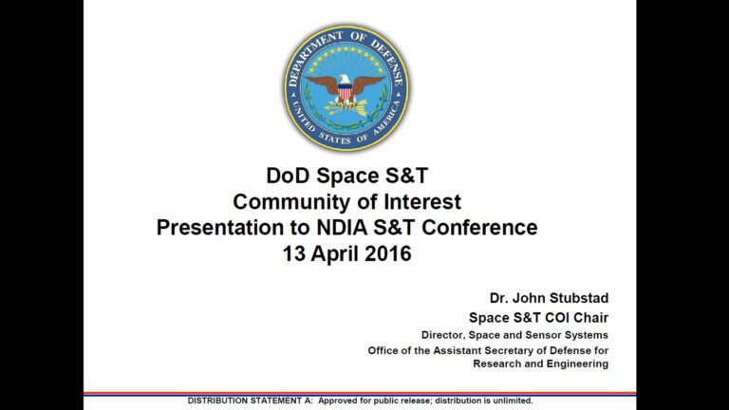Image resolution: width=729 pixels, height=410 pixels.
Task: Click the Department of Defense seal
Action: [x=346, y=88]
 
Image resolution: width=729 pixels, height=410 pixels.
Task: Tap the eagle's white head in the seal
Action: [x=344, y=79]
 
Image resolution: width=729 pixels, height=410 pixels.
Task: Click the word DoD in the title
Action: [x=284, y=176]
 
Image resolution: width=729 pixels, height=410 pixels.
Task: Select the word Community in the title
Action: [x=291, y=202]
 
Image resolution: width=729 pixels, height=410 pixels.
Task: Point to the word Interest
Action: [x=422, y=202]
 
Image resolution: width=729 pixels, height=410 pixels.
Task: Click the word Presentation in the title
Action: [x=220, y=228]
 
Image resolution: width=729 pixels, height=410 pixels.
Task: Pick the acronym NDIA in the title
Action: [x=342, y=228]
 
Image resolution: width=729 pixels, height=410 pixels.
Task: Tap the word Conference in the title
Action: [x=479, y=228]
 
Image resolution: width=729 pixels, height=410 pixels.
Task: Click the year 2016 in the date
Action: [x=388, y=253]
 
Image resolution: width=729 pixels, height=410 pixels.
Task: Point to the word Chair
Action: [x=590, y=318]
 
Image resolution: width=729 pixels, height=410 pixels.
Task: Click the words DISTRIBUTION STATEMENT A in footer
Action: [x=251, y=401]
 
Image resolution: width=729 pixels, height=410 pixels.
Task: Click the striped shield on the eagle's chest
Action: [x=345, y=93]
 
